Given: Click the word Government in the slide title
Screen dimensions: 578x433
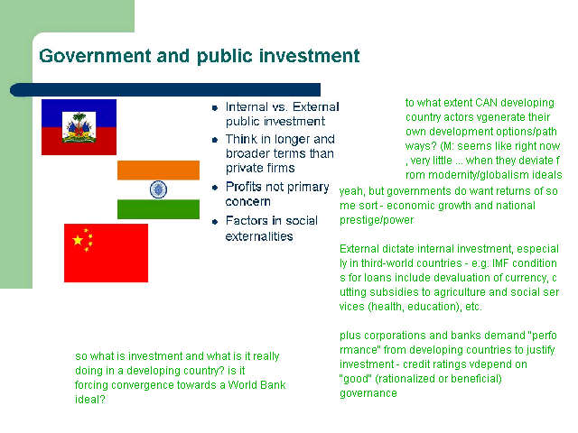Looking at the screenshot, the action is click(95, 56).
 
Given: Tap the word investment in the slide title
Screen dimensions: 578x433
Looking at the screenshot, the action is click(309, 56).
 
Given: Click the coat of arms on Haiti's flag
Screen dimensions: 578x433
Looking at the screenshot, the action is click(79, 127).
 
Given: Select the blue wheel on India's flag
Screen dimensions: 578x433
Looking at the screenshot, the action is click(159, 189).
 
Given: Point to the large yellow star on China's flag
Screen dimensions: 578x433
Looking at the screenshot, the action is click(78, 241).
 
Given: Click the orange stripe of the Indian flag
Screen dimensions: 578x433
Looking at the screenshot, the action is click(159, 170).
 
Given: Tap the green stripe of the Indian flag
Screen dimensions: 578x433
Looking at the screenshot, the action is click(159, 209).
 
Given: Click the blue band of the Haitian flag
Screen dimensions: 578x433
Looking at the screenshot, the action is click(79, 113).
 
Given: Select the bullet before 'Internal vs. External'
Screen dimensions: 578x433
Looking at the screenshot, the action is click(215, 108).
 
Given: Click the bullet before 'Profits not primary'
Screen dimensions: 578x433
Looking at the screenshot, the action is click(215, 188).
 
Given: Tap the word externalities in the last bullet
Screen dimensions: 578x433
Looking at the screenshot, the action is click(259, 236).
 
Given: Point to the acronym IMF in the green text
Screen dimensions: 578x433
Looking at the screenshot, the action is click(500, 263).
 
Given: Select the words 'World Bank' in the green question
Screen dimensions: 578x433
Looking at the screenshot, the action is click(256, 385).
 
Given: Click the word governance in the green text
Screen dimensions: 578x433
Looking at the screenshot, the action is click(368, 393).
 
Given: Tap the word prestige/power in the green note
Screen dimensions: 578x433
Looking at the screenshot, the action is click(377, 220).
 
